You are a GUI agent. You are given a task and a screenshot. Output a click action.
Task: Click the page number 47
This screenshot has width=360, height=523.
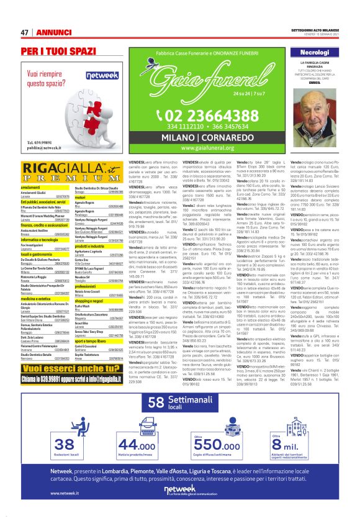point(25,32)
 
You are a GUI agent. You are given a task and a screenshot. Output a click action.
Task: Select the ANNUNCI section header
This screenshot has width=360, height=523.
point(53,32)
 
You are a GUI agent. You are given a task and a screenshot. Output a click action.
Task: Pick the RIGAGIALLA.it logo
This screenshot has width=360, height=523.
point(62,172)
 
